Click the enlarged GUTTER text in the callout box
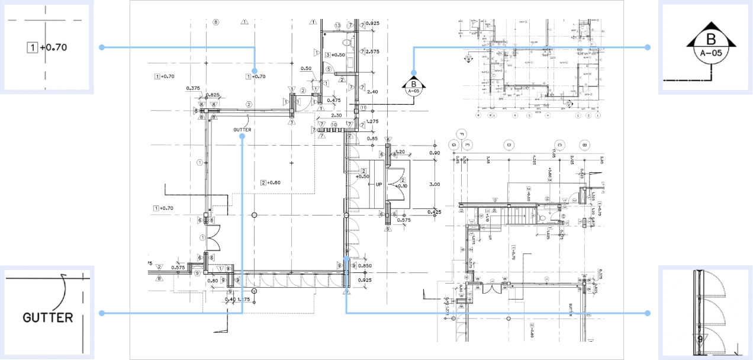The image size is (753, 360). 48,317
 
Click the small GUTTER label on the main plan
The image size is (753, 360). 242,130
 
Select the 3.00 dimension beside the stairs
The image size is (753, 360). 434,184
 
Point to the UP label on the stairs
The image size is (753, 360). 379,185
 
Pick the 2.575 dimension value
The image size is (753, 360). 372,52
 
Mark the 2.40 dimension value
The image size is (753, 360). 372,92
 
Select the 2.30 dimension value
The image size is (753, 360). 337,115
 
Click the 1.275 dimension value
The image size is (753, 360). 372,121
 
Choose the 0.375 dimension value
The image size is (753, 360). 193,88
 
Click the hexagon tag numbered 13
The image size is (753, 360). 338,25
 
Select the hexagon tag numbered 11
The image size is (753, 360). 364,108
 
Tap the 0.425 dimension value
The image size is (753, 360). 434,211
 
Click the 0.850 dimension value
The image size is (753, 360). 365,265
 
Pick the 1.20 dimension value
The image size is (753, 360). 400,152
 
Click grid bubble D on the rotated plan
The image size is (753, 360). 508,144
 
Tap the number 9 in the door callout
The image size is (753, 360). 700,339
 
